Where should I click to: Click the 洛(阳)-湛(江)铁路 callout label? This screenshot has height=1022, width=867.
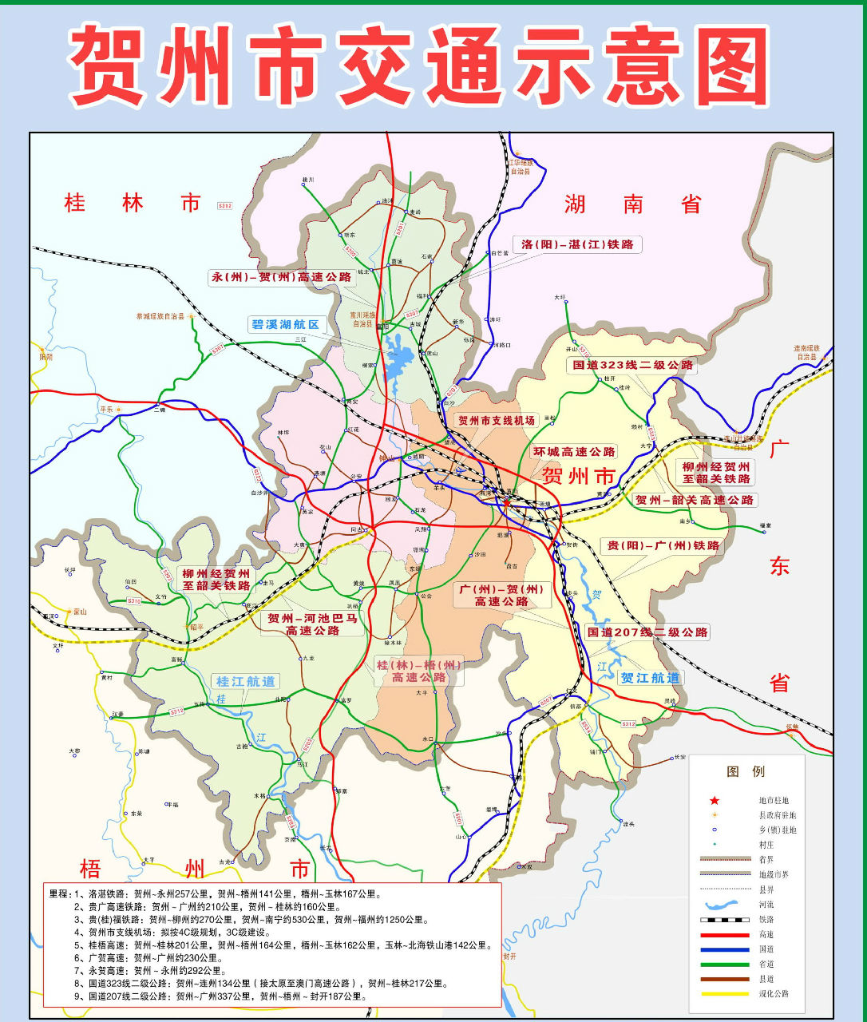577,244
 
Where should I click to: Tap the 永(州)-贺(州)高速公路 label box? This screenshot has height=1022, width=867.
281,277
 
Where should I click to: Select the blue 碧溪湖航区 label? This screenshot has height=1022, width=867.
285,324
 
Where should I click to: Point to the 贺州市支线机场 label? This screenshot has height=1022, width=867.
496,420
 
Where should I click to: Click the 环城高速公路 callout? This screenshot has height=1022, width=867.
574,452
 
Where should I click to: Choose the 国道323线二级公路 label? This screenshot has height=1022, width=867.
633,365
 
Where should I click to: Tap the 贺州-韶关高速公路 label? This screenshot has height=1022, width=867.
694,500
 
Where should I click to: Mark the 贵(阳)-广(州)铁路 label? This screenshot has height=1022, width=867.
663,546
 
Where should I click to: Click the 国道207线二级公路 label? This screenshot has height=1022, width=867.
647,632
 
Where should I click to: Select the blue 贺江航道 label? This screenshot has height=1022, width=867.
650,678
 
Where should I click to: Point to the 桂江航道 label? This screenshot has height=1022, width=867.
245,681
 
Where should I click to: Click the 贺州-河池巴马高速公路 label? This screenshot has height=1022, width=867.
312,624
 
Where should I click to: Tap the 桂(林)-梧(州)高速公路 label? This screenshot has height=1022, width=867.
419,671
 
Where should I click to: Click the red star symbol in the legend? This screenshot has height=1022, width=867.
715,800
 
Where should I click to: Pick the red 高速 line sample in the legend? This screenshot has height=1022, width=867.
725,934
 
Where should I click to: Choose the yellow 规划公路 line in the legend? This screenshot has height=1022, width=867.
725,994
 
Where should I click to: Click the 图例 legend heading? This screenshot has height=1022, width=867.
746,771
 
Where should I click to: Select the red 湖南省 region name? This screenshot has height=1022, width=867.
633,204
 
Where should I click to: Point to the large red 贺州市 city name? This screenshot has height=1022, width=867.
579,477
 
